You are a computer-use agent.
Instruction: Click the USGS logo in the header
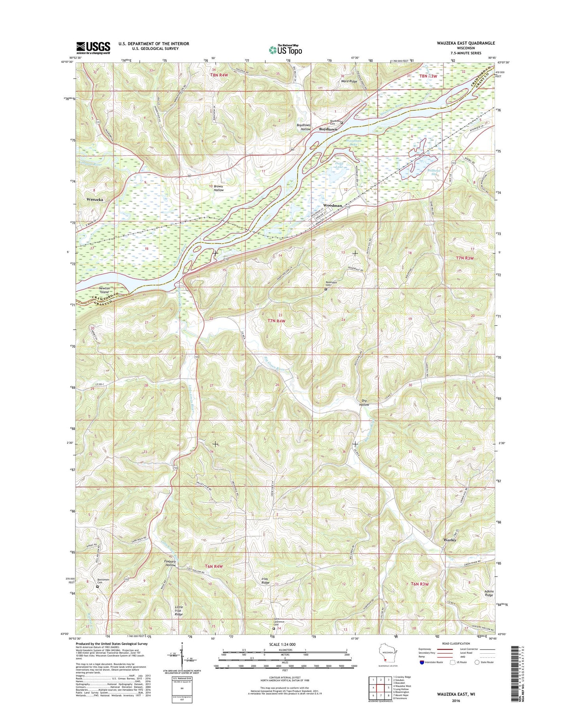point(93,48)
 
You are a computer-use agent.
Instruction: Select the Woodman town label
point(332,206)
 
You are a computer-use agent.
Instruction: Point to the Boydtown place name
point(328,129)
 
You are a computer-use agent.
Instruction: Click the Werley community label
point(450,540)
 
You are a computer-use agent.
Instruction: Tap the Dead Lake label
point(339,165)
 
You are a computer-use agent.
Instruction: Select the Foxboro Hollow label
point(170,563)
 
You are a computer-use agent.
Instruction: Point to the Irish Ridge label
point(265,581)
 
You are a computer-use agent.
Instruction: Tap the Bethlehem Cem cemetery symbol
point(98,587)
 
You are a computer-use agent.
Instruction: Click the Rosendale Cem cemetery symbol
point(326,289)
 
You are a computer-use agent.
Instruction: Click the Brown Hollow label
point(219,188)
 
